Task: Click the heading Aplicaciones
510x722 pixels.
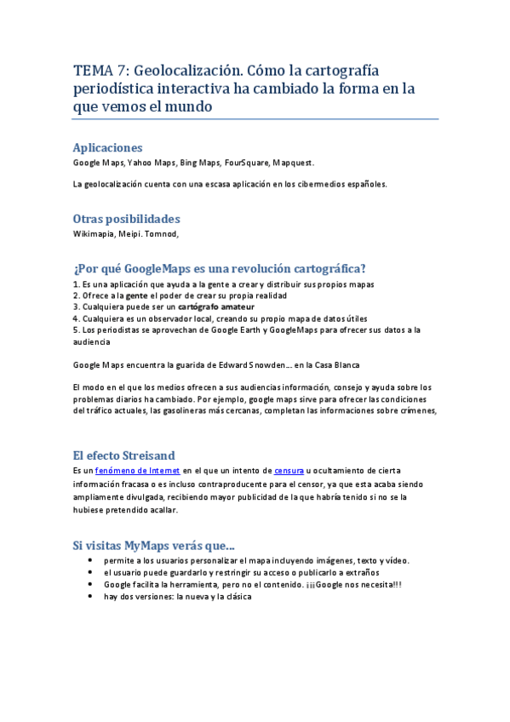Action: click(x=107, y=147)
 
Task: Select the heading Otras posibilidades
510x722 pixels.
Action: click(x=126, y=219)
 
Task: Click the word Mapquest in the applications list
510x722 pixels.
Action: click(x=299, y=163)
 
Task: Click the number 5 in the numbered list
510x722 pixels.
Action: click(x=76, y=329)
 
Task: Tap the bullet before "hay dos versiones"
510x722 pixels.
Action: click(x=91, y=598)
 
